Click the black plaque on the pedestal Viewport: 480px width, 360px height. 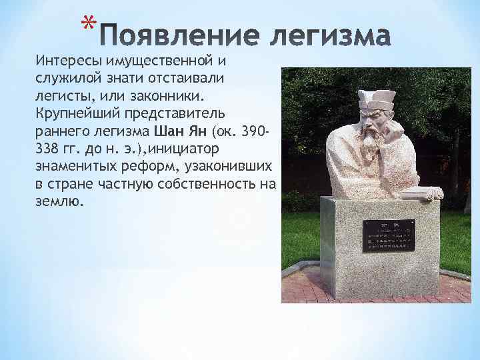point(388,236)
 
